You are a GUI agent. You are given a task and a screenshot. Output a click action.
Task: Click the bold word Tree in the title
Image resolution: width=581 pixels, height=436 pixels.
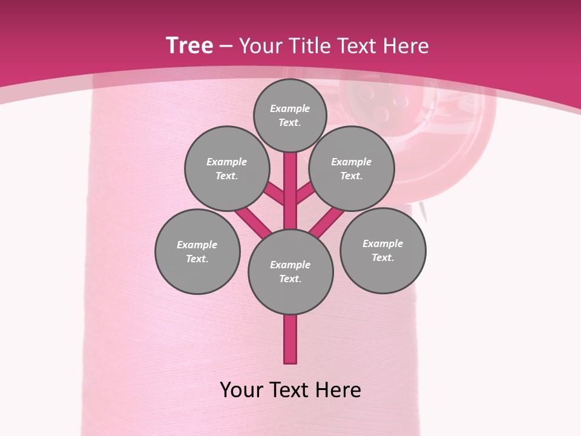(x=189, y=46)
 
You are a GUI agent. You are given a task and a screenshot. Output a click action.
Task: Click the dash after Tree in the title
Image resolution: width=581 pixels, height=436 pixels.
(x=226, y=47)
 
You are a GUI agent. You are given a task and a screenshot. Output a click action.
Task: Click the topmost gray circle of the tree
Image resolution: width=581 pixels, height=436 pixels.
(x=290, y=115)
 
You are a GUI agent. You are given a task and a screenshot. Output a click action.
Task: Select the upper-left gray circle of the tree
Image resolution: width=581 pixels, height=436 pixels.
(x=226, y=168)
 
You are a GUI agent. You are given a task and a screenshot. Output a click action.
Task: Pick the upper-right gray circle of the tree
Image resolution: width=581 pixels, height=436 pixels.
(x=352, y=168)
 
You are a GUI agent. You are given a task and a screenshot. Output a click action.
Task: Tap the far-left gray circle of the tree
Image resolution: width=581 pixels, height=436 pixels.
(x=197, y=251)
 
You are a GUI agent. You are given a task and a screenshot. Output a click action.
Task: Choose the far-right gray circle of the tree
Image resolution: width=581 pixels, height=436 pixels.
(x=383, y=250)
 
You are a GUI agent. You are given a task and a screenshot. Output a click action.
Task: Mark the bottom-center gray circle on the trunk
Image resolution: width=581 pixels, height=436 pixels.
(x=290, y=272)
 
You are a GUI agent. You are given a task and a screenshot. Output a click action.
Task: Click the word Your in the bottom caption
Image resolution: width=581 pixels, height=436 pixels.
(x=241, y=390)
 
